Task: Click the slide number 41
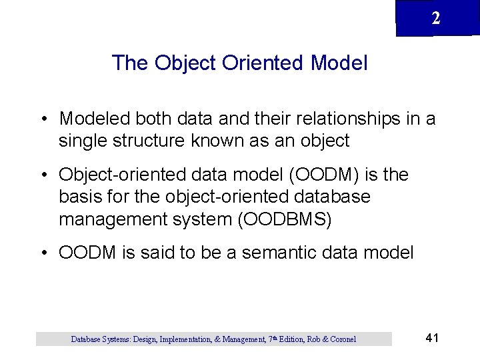[431, 338]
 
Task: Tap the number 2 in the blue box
[435, 19]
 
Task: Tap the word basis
[79, 197]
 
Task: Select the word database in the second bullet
[331, 197]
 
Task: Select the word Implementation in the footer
[185, 339]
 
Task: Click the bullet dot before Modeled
[43, 119]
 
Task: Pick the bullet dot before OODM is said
[43, 253]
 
